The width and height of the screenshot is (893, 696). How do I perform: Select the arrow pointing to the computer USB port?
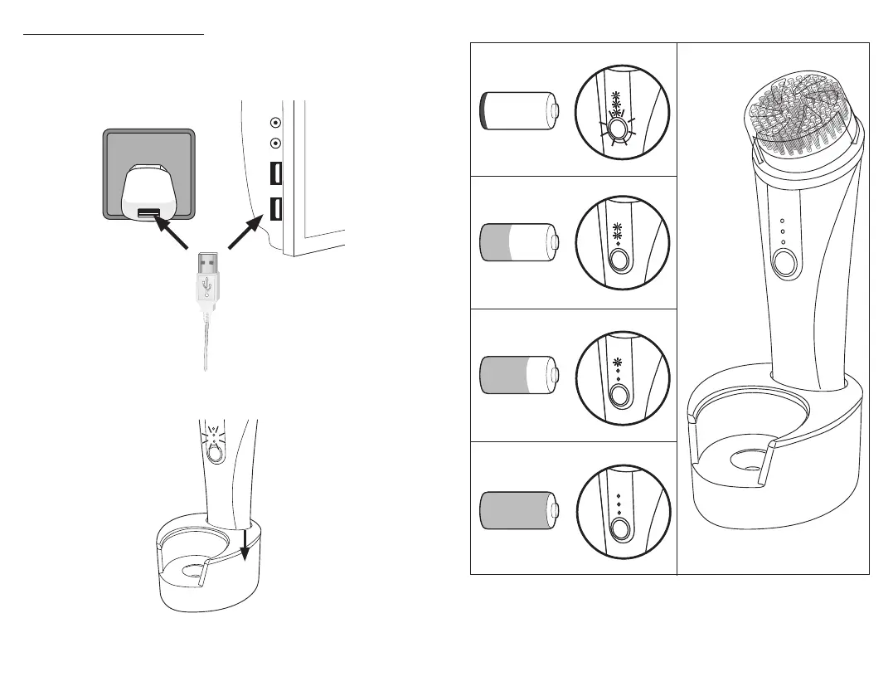[246, 231]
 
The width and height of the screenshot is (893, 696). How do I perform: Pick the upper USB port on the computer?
[274, 175]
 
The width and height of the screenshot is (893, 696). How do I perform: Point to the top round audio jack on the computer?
[275, 122]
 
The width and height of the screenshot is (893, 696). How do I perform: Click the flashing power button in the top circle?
[617, 129]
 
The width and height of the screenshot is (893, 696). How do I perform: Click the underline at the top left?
[113, 35]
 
